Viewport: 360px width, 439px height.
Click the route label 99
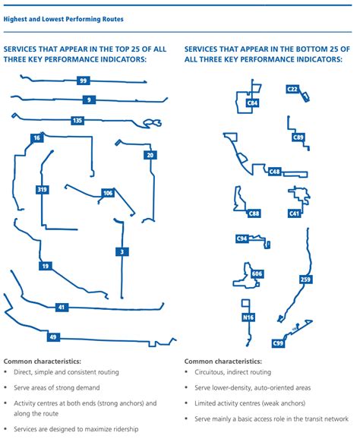83,81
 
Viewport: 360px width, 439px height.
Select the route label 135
77,121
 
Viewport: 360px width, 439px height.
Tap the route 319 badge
42,190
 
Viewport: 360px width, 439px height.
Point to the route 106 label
108,194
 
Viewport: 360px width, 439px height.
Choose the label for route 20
150,155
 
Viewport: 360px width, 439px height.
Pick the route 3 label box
122,251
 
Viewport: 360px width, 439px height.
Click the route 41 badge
62,308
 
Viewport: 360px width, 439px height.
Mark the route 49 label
52,336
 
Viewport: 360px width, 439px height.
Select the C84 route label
253,103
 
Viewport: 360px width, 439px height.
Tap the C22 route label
292,89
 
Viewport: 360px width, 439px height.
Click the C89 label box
298,137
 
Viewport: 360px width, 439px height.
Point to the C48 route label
275,172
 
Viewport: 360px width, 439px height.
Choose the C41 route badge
295,213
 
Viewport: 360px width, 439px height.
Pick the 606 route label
257,273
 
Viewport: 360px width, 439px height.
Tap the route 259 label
305,280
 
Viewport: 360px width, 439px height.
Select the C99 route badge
278,343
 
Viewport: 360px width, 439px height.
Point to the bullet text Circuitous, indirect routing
233,374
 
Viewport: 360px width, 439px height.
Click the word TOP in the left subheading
122,48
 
